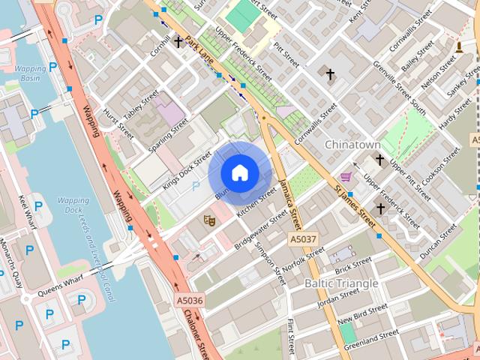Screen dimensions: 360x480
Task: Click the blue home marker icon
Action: pos(239,173)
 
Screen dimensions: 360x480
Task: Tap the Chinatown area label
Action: pos(352,144)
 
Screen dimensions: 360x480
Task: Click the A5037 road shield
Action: pos(303,238)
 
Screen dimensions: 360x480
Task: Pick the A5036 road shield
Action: pos(190,301)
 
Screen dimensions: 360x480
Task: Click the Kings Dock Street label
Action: pos(187,165)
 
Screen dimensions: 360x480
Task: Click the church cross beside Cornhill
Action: pos(178,42)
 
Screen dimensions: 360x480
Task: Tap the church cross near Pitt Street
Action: pos(329,73)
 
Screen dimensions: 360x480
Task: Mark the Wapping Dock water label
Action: pos(73,205)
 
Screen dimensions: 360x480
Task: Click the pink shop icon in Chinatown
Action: pos(345,176)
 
